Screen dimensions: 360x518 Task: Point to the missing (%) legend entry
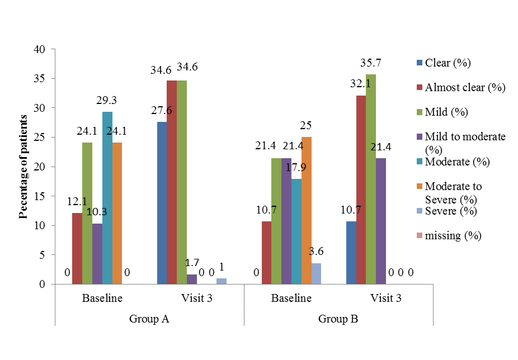pos(453,235)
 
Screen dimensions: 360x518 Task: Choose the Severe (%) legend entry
pos(450,211)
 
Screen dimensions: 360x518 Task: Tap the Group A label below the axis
pos(149,319)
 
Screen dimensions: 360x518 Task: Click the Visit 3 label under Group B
pos(385,298)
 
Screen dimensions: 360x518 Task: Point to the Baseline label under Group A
pos(102,298)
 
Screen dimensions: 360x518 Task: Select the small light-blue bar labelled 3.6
pos(315,273)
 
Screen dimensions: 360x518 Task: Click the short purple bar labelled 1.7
pos(192,279)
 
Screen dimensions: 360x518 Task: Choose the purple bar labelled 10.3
pos(97,254)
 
